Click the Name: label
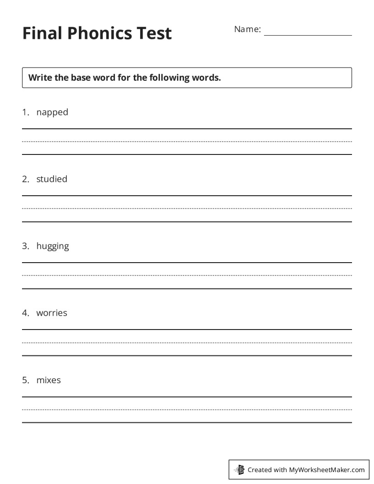point(247,29)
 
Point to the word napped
point(52,112)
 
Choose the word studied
point(52,179)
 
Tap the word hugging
point(53,247)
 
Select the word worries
point(52,313)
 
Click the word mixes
point(49,380)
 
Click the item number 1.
point(25,112)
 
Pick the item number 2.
point(25,179)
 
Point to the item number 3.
point(25,246)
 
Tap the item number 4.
point(25,313)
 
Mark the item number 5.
point(25,380)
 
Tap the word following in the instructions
point(168,78)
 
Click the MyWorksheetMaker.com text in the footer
point(327,470)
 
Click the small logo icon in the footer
point(239,469)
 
